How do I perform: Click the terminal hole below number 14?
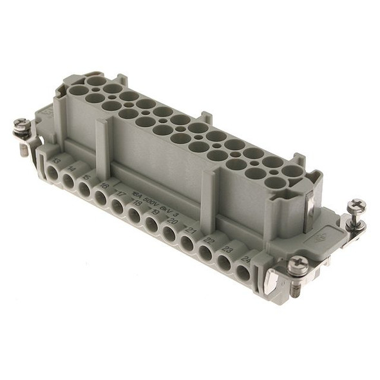coord(68,178)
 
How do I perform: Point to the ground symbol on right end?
coord(319,236)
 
